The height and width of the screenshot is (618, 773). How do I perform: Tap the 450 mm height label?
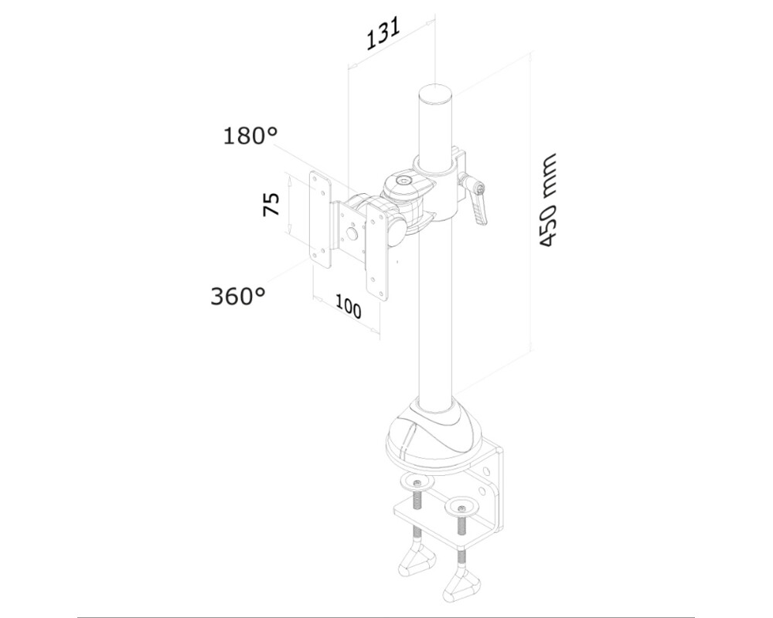coord(548,200)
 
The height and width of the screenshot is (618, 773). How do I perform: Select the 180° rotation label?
coord(250,137)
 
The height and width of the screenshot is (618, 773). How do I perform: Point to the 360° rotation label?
coord(237,295)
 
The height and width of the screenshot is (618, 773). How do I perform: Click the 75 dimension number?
coord(271,205)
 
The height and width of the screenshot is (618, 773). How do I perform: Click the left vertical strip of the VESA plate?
coord(319,216)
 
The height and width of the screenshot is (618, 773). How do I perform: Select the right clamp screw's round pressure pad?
coord(461,508)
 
